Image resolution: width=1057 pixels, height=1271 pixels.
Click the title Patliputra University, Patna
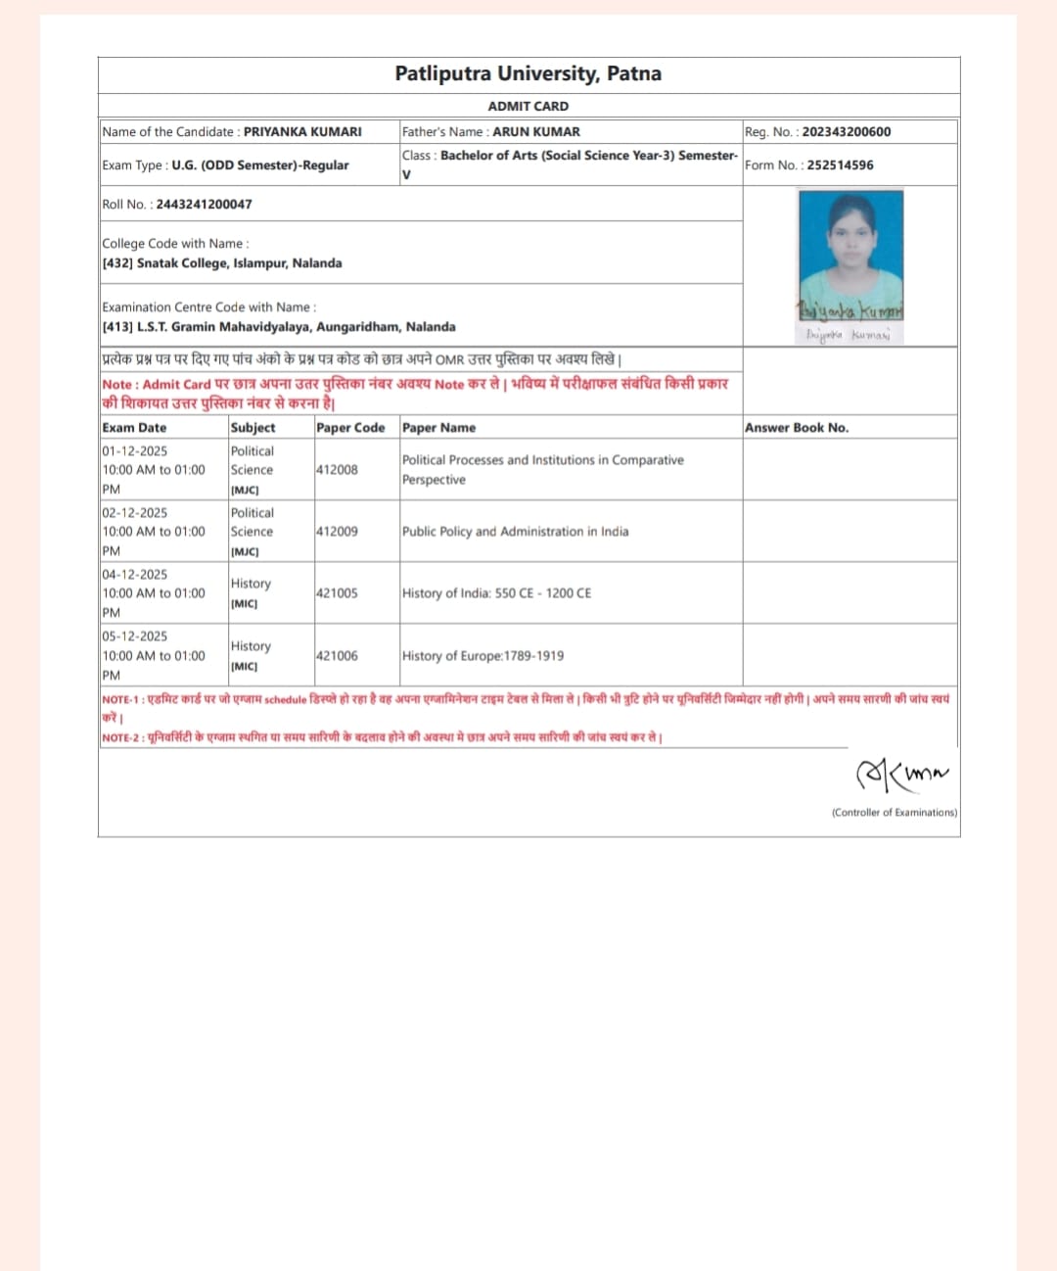click(528, 73)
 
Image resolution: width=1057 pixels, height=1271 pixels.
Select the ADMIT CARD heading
click(528, 106)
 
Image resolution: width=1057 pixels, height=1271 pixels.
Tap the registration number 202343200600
click(846, 131)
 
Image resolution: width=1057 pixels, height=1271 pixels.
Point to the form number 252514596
click(840, 165)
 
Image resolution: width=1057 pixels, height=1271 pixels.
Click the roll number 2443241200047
click(204, 204)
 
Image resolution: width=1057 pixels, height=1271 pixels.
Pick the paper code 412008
click(337, 470)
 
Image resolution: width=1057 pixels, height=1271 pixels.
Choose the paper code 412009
click(337, 532)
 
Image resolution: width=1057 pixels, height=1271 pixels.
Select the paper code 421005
click(337, 593)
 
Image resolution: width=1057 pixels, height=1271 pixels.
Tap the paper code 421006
click(337, 656)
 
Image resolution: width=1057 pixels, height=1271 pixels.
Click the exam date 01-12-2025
click(135, 451)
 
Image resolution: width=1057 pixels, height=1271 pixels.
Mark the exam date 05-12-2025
click(135, 636)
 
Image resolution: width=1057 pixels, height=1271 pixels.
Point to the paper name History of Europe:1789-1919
click(483, 656)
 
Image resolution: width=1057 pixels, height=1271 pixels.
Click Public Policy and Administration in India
click(515, 532)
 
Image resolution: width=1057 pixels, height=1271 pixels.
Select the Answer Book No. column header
click(796, 428)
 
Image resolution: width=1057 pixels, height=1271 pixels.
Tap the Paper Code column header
click(350, 428)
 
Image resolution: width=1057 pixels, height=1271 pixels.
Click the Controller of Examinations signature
click(901, 775)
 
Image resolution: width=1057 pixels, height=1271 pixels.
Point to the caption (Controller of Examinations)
click(894, 813)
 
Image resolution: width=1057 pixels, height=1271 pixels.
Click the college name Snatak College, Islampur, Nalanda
click(239, 263)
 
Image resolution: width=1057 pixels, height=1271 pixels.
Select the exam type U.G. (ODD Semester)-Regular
click(259, 165)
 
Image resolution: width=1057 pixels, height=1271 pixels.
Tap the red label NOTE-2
click(122, 738)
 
